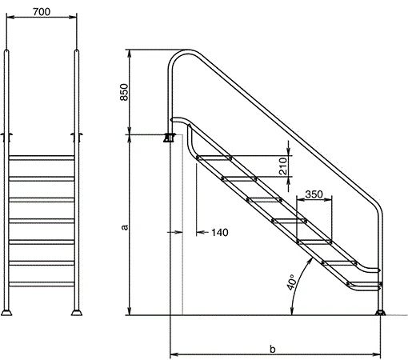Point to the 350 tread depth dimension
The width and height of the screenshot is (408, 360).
[314, 194]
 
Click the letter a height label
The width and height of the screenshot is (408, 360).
[124, 227]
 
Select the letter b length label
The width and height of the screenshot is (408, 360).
[273, 349]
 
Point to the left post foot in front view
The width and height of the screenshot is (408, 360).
[9, 310]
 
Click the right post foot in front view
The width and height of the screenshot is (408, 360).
[77, 310]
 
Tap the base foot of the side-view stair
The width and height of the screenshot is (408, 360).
[381, 310]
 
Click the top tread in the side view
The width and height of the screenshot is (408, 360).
[210, 158]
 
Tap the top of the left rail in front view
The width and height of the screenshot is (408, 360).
[9, 53]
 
